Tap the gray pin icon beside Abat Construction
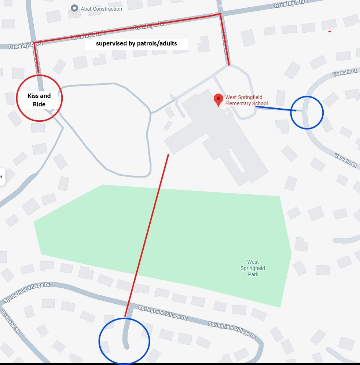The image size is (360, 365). tap(74, 8)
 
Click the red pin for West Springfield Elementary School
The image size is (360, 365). tap(218, 99)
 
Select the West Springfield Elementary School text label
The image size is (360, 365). tap(246, 101)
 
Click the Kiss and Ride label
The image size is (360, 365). tap(39, 100)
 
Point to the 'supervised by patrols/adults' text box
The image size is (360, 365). tap(136, 44)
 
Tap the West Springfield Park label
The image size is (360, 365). tap(253, 268)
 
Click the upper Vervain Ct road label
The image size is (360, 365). tap(344, 72)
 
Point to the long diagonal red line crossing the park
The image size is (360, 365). tap(147, 235)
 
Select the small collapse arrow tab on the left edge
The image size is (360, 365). tap(2, 177)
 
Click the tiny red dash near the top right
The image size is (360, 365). tap(330, 32)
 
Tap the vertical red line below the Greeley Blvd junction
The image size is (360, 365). tap(225, 40)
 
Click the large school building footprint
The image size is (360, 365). tap(216, 136)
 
